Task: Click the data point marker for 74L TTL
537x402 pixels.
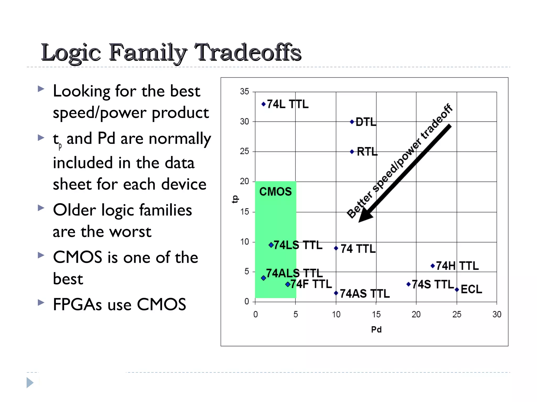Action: [264, 104]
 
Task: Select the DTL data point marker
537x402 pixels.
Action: [352, 122]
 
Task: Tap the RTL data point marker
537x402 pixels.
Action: [352, 152]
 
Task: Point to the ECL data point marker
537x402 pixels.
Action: [457, 289]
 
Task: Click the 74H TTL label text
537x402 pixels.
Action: [457, 266]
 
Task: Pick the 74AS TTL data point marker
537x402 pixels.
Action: [336, 293]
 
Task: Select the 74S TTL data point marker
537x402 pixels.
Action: [408, 284]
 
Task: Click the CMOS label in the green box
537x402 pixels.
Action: [275, 192]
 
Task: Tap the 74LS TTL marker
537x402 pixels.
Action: [271, 245]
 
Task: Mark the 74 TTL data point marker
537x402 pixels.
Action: [336, 248]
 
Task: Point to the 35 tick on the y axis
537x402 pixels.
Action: [244, 92]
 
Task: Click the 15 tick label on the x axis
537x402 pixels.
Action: [376, 314]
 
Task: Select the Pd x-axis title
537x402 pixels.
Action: [376, 330]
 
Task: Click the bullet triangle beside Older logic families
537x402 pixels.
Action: [41, 208]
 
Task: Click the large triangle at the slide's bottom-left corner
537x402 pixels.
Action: [30, 383]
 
